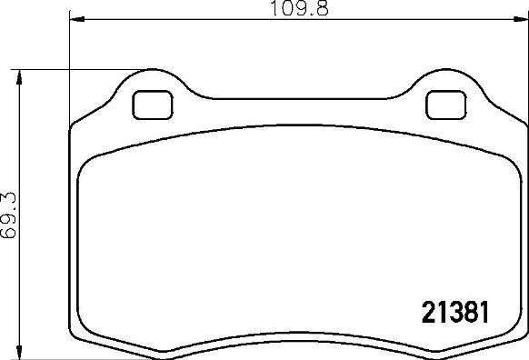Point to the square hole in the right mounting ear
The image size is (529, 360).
click(x=444, y=105)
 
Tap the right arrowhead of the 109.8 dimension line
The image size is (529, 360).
click(x=519, y=18)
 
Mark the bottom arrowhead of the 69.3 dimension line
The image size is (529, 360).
click(x=18, y=352)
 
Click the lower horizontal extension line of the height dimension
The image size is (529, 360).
click(x=45, y=357)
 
